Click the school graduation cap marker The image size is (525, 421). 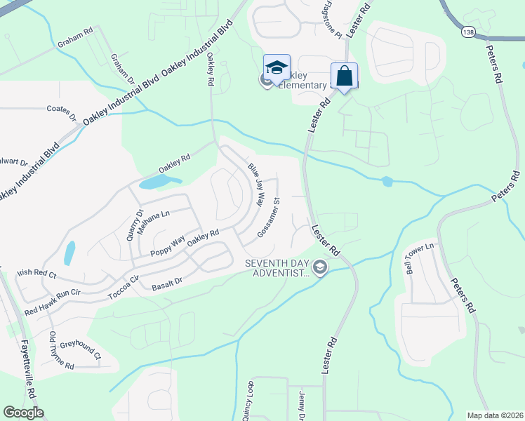pos(277,68)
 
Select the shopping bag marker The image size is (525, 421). pos(345,76)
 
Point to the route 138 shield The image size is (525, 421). pos(468,33)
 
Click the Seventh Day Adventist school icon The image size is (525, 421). pos(320,267)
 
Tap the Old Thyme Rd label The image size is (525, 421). pos(61,351)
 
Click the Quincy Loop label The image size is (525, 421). pos(248,401)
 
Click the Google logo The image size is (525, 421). pos(23,413)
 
